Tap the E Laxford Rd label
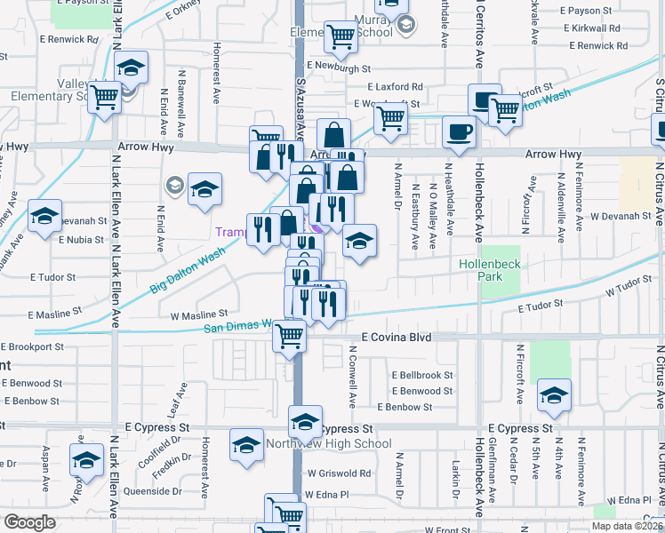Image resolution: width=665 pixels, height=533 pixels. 397,87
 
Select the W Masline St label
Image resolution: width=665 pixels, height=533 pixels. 200,314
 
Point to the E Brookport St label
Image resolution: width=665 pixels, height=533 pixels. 32,347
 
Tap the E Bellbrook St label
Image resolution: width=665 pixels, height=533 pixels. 422,376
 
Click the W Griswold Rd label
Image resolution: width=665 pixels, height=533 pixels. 339,473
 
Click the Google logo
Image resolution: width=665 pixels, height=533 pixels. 29,522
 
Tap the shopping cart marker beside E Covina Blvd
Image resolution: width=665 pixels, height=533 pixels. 290,336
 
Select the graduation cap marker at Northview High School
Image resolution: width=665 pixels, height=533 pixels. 305,421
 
